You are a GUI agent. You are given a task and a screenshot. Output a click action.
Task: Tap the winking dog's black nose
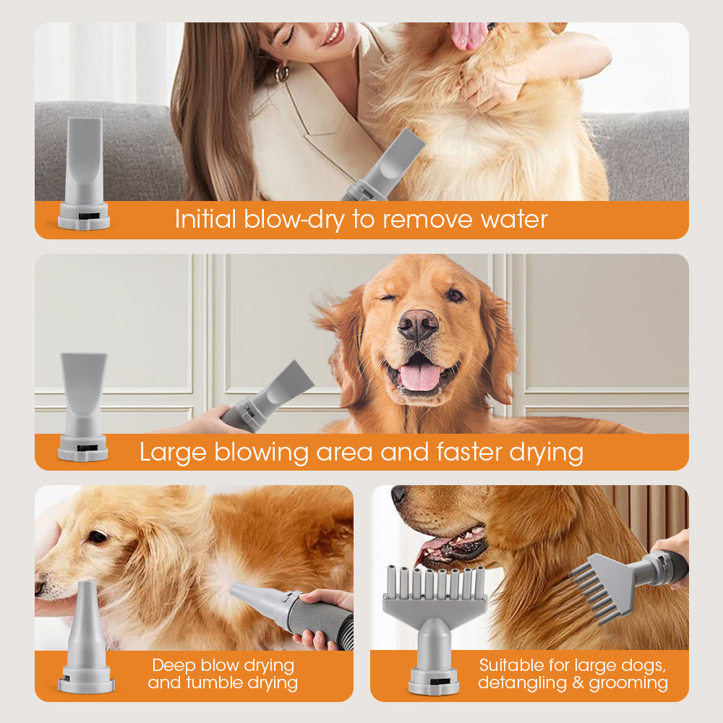click(418, 325)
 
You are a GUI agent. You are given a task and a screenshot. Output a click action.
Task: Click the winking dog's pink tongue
click(420, 376)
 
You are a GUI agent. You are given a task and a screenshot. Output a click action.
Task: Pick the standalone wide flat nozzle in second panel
click(83, 405)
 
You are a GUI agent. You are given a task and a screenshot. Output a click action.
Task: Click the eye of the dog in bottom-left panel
click(96, 536)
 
